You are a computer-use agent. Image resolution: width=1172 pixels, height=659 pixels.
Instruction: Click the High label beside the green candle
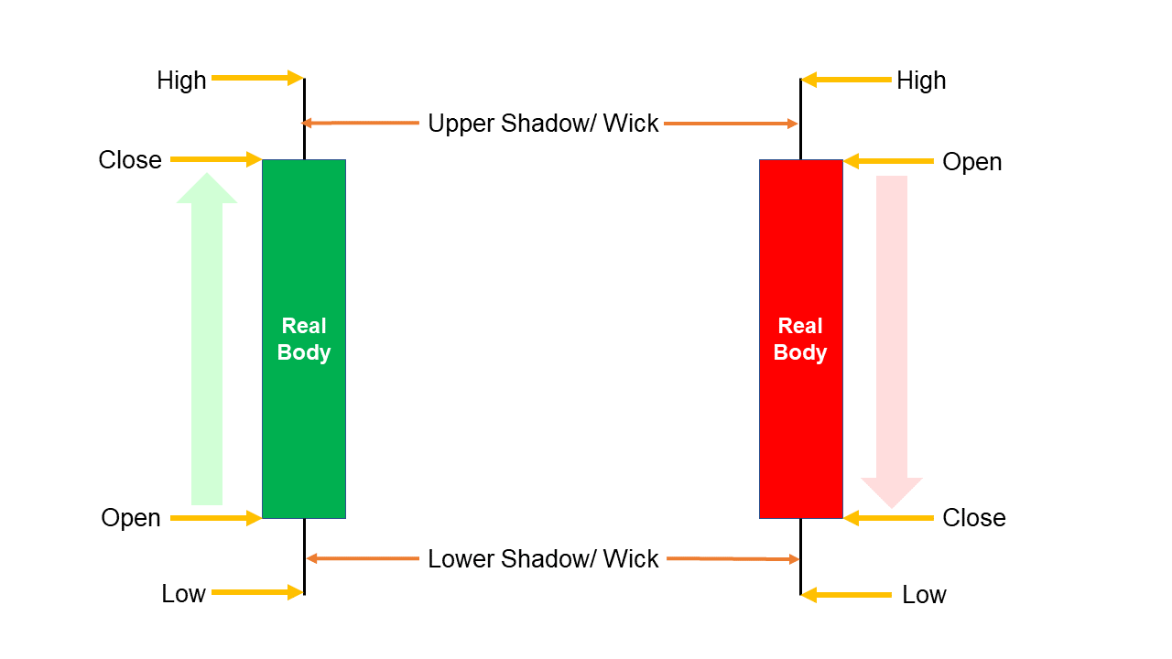tap(181, 81)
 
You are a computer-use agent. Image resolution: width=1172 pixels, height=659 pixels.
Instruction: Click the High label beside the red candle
tap(920, 81)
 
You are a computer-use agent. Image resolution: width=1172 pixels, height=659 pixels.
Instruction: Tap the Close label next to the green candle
tap(130, 160)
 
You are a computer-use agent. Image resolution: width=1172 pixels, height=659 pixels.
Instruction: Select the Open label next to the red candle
tap(971, 162)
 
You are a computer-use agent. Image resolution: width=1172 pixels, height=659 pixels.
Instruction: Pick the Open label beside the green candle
tap(131, 518)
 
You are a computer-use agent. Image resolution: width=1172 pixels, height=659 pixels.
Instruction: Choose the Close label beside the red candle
tap(973, 518)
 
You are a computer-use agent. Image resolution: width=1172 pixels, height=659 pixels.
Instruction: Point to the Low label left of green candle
tap(183, 594)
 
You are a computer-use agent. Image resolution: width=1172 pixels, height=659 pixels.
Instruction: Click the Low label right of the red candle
tap(924, 595)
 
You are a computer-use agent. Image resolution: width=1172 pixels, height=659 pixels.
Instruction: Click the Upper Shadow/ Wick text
tap(543, 124)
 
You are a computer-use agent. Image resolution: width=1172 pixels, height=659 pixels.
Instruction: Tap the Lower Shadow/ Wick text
tap(543, 558)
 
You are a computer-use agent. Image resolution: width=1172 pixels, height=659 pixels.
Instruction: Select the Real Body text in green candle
tap(303, 339)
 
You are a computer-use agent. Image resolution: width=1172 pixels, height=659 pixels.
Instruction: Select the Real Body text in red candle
tap(800, 339)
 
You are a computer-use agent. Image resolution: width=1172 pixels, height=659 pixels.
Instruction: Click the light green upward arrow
tap(207, 339)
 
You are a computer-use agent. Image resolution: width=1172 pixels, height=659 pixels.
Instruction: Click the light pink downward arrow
tap(892, 339)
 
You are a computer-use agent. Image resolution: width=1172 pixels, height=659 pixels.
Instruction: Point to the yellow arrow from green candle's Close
tap(216, 159)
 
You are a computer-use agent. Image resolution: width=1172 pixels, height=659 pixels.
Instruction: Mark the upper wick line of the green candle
tap(304, 119)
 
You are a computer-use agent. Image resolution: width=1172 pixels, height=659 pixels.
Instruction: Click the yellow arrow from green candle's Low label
tap(257, 592)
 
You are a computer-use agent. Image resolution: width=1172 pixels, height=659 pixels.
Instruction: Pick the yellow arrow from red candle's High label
tap(846, 80)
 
